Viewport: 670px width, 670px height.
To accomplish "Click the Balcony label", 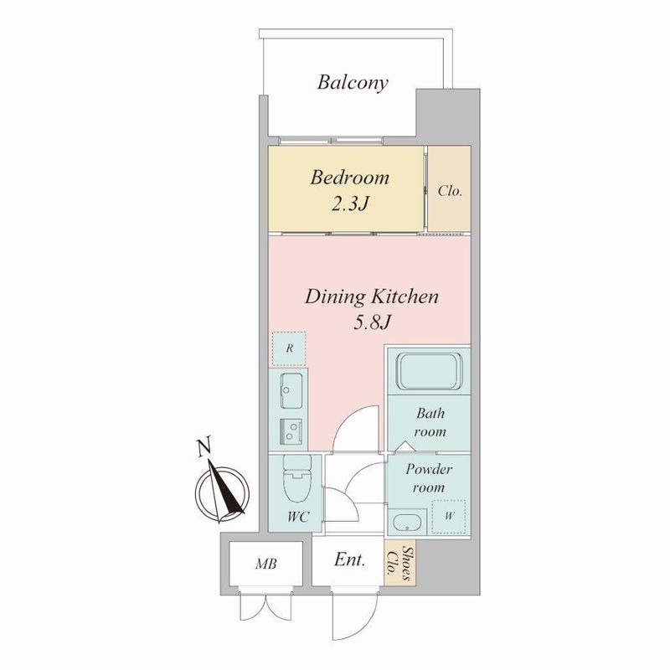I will tap(353, 82).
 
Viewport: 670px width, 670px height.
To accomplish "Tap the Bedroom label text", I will tap(349, 178).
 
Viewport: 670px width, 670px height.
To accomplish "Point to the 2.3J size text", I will tap(349, 203).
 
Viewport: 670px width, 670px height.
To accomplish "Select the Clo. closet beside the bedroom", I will tap(451, 191).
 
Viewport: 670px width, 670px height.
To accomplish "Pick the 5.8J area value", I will tap(371, 321).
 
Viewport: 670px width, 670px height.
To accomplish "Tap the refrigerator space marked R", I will tap(288, 349).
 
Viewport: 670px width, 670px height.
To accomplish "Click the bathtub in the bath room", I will tap(429, 371).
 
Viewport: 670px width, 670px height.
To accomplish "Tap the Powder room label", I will tap(429, 478).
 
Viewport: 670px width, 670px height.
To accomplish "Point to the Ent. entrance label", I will tap(349, 561).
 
